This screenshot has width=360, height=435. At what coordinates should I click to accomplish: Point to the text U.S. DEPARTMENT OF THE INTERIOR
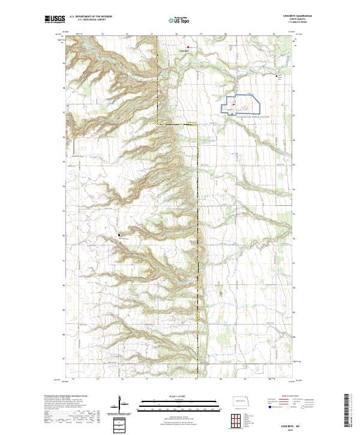91,17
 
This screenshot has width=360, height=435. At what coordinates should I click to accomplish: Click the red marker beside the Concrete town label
187,47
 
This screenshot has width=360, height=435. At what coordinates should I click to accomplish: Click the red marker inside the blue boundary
233,106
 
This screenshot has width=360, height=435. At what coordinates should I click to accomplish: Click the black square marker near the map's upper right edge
277,76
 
